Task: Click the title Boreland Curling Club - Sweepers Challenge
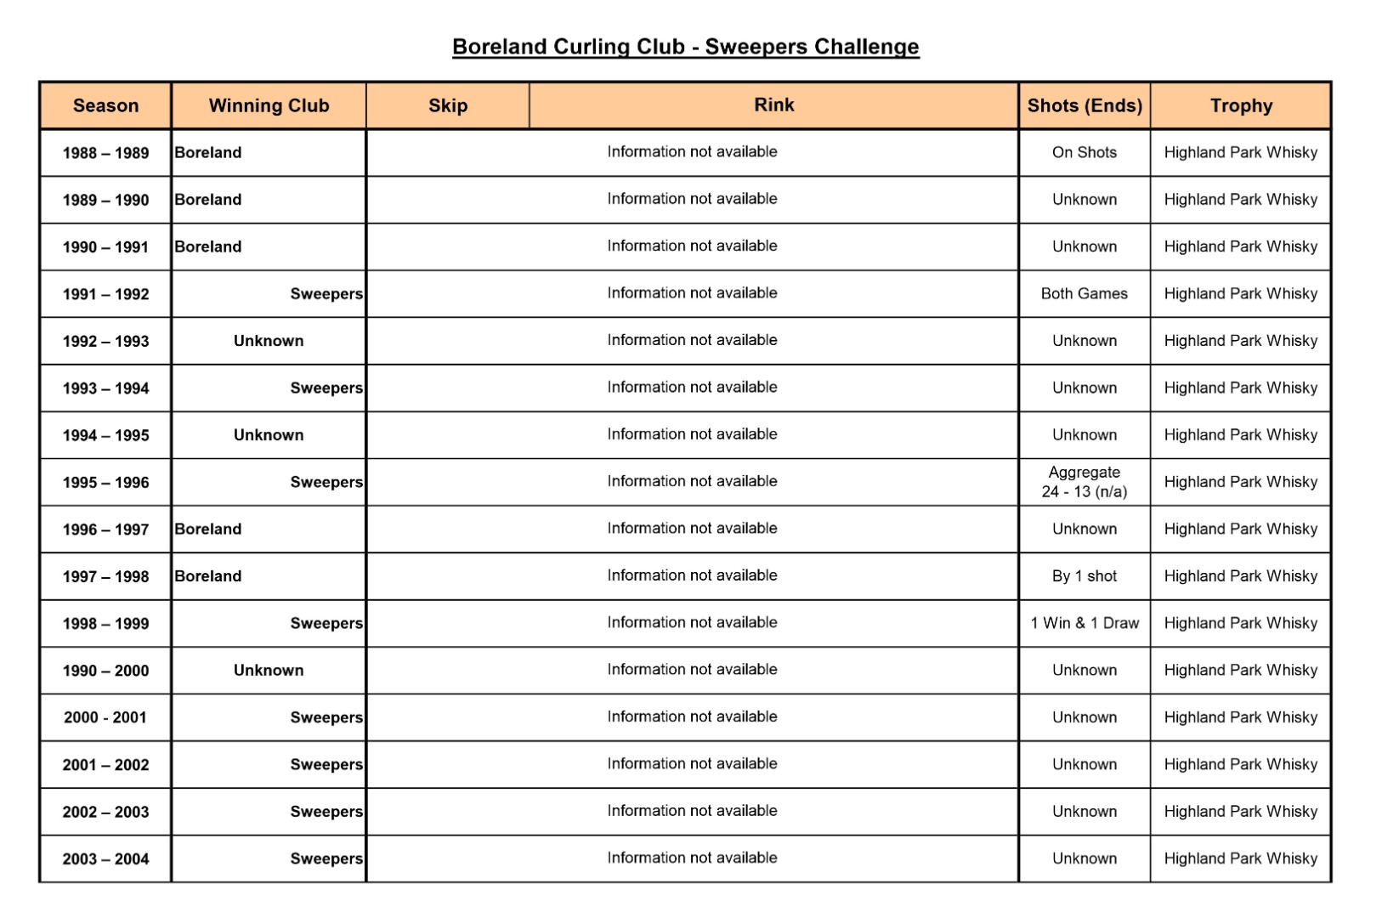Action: pos(685,47)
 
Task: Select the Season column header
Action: pos(105,106)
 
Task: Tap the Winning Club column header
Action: pos(269,106)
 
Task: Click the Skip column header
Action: pos(448,106)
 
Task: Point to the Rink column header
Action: pos(773,105)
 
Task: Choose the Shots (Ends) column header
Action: pos(1085,106)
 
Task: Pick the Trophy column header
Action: pos(1241,106)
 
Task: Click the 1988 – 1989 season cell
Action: pos(105,153)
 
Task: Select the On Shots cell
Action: pos(1085,153)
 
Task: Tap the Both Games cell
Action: pos(1085,294)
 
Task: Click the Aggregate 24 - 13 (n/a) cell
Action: pos(1085,482)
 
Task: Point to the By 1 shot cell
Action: pos(1085,576)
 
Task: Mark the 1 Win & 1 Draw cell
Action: pos(1085,623)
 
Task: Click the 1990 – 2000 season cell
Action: pos(105,671)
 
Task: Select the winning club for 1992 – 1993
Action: pos(269,341)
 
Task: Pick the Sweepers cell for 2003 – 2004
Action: pos(326,858)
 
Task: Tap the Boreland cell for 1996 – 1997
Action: pos(208,529)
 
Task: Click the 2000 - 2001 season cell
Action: pos(105,717)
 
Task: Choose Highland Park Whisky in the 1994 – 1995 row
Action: pos(1241,435)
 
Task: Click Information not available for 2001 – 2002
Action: pos(692,764)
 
